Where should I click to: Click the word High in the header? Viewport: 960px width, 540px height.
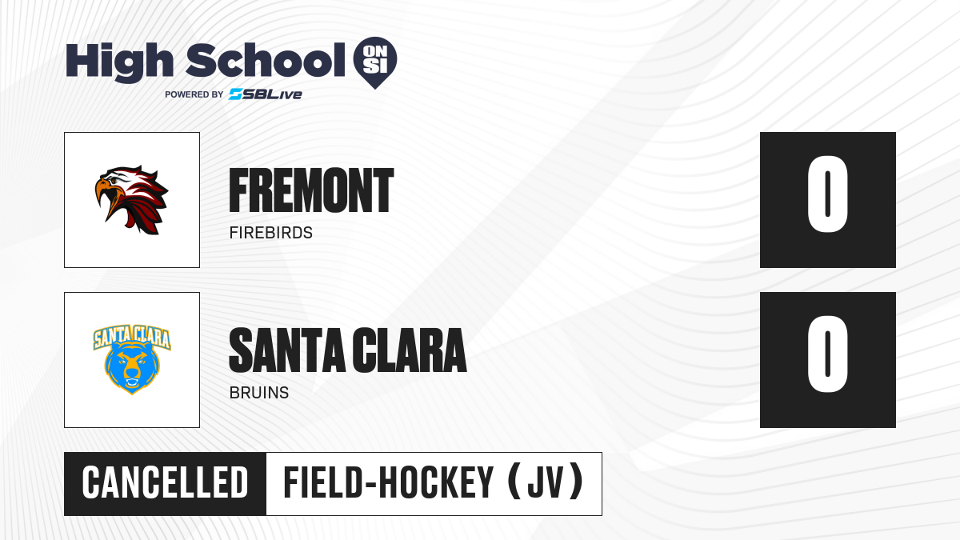(x=119, y=62)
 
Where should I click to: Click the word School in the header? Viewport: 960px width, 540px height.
(x=266, y=60)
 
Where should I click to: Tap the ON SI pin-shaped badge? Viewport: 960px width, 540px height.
(x=375, y=62)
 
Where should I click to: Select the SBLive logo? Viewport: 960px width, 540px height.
(x=266, y=94)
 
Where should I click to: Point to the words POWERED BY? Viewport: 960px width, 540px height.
(x=194, y=94)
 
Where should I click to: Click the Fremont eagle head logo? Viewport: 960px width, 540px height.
(x=131, y=200)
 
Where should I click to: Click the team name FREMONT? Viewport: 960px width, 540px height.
(x=311, y=190)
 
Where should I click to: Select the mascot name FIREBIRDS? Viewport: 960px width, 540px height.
(x=271, y=233)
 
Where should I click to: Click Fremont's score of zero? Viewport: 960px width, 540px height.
(x=827, y=194)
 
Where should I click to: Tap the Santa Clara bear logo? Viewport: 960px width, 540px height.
(x=132, y=359)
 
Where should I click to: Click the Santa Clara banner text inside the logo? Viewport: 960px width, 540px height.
(x=132, y=337)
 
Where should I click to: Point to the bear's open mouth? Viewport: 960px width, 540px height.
(x=132, y=382)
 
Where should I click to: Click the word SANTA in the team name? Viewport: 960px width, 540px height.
(x=287, y=350)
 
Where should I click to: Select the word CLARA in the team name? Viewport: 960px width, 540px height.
(x=410, y=350)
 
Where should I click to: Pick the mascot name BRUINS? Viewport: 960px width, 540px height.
(x=259, y=393)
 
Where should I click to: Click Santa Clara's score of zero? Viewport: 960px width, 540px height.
(x=827, y=354)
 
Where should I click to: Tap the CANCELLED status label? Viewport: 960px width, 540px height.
(x=165, y=483)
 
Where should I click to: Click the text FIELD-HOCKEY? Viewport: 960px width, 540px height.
(x=388, y=483)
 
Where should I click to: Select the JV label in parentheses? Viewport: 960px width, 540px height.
(x=545, y=483)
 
